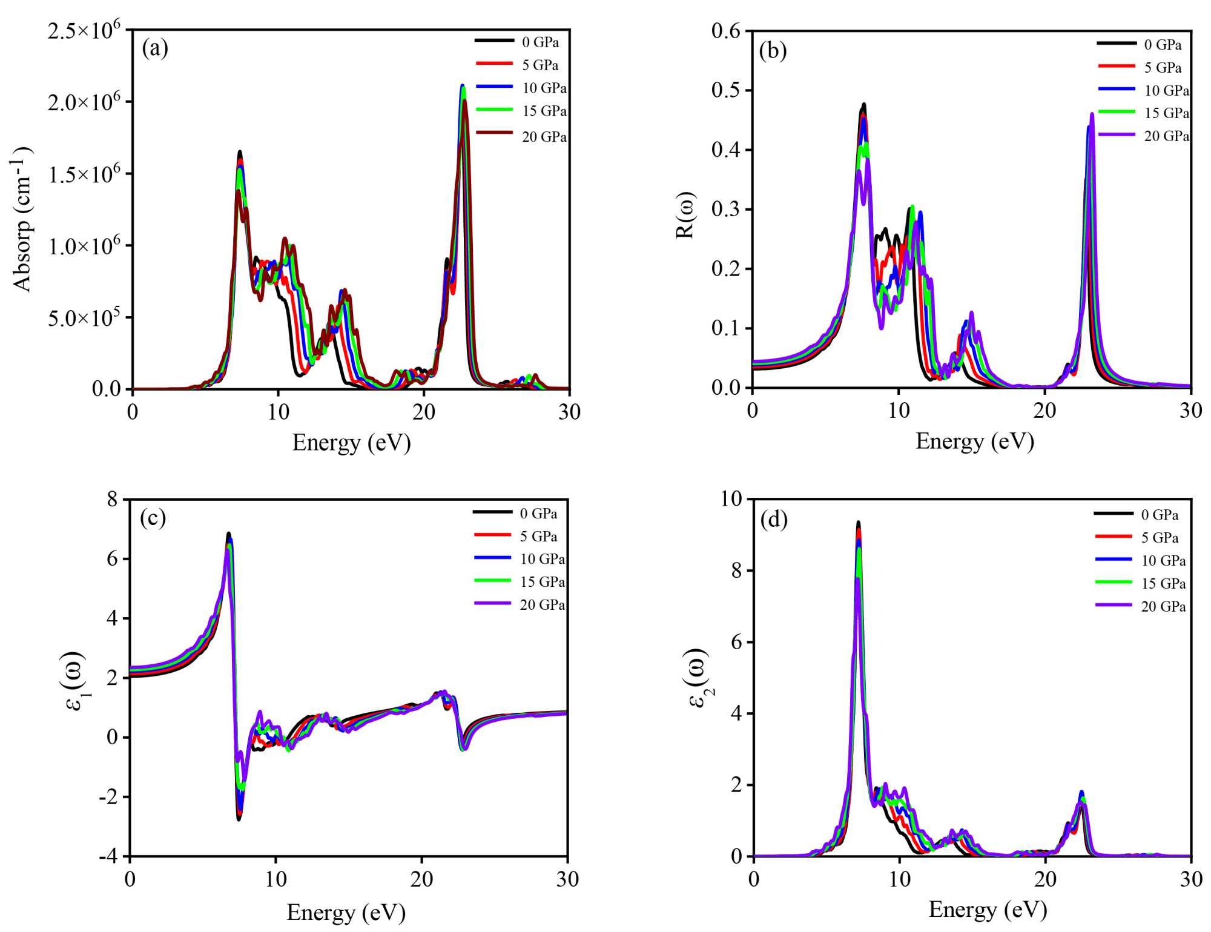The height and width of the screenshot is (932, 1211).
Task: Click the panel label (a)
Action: [x=155, y=48]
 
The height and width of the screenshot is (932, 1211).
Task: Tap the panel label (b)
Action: [x=773, y=51]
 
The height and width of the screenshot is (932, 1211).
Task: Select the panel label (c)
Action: [x=153, y=518]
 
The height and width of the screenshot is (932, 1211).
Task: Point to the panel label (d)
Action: [x=773, y=520]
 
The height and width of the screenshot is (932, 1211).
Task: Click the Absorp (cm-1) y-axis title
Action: [x=22, y=219]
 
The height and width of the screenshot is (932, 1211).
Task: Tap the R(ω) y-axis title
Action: [x=685, y=215]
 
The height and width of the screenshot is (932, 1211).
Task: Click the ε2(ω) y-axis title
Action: [x=696, y=678]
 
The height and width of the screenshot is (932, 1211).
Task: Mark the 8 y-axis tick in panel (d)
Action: [x=736, y=570]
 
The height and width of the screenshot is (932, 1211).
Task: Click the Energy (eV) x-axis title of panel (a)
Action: [x=351, y=443]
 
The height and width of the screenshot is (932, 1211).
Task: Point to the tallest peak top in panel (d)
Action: [x=858, y=522]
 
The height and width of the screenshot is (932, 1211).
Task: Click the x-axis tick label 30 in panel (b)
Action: [x=1190, y=411]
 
